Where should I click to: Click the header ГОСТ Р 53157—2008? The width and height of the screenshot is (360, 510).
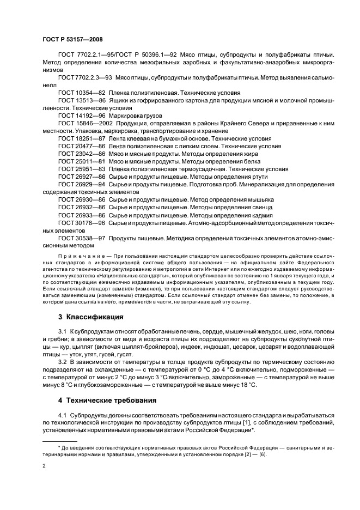72,39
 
